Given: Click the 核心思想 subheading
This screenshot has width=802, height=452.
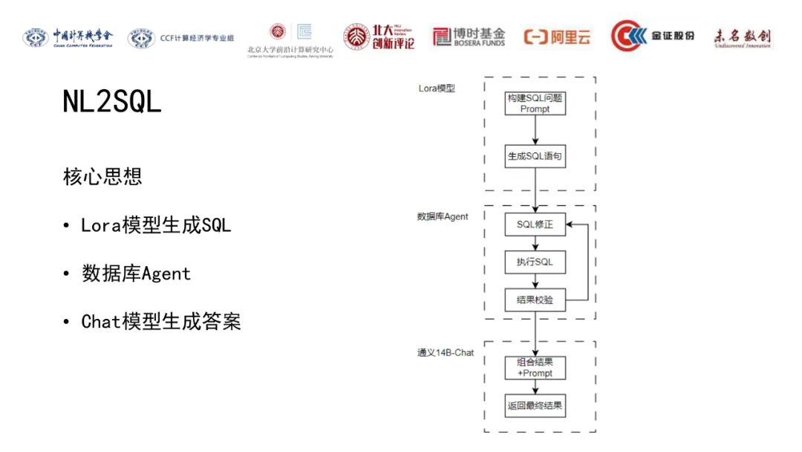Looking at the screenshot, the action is (x=102, y=177).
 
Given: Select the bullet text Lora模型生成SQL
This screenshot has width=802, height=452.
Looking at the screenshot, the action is (x=156, y=225).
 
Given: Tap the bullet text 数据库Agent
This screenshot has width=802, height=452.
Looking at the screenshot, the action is (x=137, y=274).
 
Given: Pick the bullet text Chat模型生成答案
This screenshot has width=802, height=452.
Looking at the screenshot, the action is (x=161, y=322).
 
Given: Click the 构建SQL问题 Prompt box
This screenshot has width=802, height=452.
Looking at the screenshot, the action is (x=535, y=103).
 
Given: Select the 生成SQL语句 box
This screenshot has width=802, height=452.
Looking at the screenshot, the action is (x=535, y=156).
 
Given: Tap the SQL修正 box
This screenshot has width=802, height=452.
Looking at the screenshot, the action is (x=535, y=224).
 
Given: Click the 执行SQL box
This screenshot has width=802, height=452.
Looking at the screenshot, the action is (x=535, y=262).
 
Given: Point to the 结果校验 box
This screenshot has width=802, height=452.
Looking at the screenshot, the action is (x=535, y=300).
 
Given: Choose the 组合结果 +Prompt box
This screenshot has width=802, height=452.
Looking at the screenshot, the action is (x=535, y=367).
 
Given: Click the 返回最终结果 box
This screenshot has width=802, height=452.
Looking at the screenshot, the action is (x=535, y=406).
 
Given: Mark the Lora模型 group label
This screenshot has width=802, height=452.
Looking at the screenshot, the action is (x=437, y=88).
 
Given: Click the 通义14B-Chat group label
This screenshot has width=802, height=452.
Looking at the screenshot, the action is (x=446, y=352).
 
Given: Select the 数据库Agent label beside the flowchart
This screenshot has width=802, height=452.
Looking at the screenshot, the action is (x=443, y=216).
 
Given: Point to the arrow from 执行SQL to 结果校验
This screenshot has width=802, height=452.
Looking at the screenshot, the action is (x=535, y=281).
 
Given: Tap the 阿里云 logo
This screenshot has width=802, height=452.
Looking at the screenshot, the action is (x=558, y=36).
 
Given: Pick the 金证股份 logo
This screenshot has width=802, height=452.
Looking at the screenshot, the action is (x=653, y=36).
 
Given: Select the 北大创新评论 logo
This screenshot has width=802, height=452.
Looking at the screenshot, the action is (x=379, y=36).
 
